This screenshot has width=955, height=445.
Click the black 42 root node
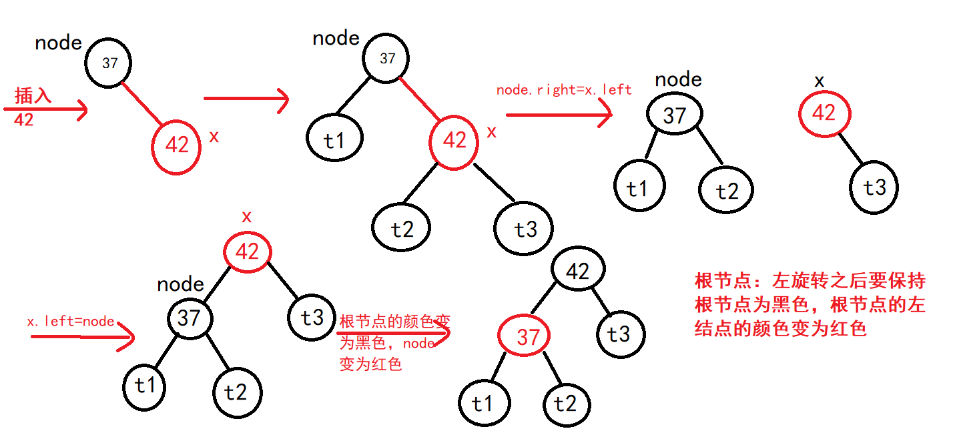coord(578,271)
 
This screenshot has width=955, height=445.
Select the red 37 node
coord(527,336)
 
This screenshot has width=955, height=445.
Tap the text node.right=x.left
coord(564,90)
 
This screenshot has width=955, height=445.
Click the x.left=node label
coord(71,321)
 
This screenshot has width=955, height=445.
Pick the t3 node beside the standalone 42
coord(874,187)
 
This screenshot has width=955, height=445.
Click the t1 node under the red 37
coord(483,404)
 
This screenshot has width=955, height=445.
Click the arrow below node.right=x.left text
coord(559,115)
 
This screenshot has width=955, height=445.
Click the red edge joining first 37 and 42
coord(142,103)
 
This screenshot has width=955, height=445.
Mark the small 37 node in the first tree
coord(109,63)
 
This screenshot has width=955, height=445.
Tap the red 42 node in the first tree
coord(176,145)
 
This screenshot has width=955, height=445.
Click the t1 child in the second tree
coord(333,140)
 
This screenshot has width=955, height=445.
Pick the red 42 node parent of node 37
coord(248,252)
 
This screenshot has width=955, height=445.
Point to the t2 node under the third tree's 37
coord(725,191)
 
